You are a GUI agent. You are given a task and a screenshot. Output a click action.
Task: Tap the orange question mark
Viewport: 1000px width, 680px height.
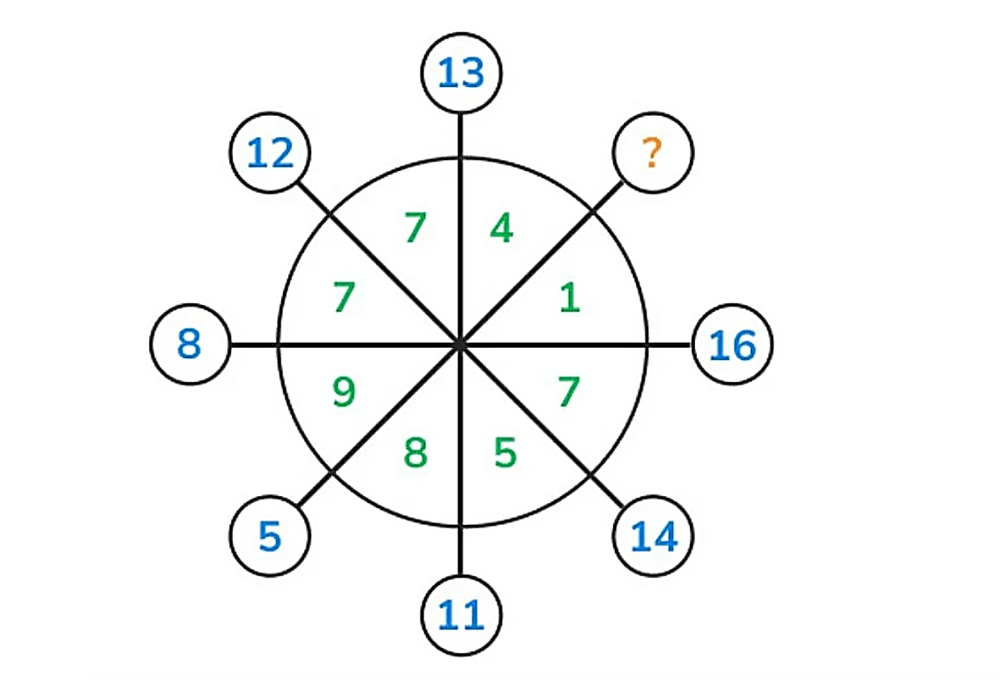[652, 153]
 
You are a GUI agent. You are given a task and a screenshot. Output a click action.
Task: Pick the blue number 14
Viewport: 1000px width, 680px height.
[653, 536]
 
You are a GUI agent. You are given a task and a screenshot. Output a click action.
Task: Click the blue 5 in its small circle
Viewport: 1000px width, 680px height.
[270, 536]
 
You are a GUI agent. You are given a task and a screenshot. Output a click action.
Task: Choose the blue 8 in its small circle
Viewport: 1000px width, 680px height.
[189, 343]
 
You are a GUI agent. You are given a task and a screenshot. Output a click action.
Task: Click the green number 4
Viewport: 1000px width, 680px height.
[502, 228]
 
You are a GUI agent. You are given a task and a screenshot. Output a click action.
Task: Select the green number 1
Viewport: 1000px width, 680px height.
[570, 297]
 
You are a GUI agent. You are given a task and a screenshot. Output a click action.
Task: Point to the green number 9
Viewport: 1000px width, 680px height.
[344, 391]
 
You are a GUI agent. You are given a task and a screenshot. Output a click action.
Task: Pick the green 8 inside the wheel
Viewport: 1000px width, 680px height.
[416, 452]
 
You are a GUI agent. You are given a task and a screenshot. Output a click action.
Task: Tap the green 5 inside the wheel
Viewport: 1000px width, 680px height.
[505, 452]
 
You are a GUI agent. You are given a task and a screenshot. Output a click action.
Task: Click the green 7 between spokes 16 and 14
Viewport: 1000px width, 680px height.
[569, 391]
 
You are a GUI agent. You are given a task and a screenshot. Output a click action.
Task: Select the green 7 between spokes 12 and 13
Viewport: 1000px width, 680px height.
[416, 228]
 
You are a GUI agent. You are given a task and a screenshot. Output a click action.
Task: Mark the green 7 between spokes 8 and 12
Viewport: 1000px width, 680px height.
[344, 297]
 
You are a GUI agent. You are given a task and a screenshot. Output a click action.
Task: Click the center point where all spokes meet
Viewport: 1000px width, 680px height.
[461, 344]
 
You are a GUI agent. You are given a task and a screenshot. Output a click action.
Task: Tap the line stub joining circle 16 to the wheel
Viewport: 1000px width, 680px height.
[670, 344]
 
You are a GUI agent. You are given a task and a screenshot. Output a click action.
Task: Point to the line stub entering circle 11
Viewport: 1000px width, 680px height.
[461, 550]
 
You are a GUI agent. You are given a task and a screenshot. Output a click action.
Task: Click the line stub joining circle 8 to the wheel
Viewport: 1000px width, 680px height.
[253, 344]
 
